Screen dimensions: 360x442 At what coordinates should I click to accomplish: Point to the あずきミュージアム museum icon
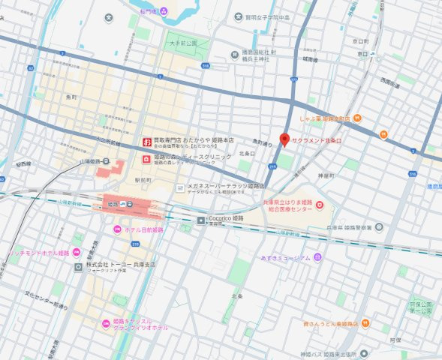(x=318, y=257)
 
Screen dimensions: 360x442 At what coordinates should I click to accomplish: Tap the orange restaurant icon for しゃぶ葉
(x=358, y=118)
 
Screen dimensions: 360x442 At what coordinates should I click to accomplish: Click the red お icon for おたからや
(x=147, y=141)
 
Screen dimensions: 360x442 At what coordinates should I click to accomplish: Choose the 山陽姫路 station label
(x=91, y=161)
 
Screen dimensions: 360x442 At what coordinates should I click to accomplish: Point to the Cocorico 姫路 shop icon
(x=200, y=220)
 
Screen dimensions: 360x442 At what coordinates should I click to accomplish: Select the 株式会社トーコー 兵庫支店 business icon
(x=78, y=266)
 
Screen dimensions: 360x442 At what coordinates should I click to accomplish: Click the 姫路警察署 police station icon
(x=379, y=227)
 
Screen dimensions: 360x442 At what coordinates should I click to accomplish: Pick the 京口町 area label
(x=364, y=41)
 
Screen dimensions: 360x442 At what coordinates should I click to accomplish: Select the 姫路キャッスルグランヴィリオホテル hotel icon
(x=107, y=323)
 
